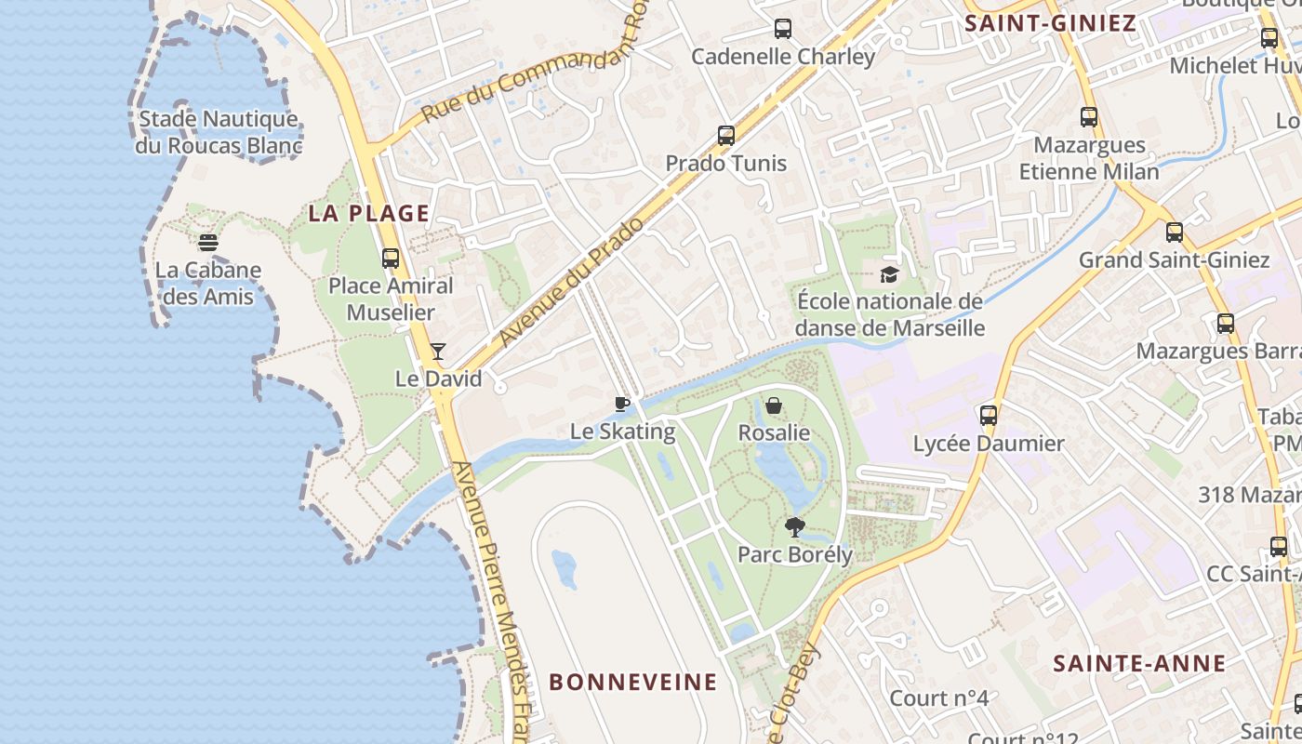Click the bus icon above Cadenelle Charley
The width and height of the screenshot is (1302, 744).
(783, 29)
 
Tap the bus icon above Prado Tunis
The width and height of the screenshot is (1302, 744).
(726, 136)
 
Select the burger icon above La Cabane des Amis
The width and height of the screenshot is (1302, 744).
(208, 243)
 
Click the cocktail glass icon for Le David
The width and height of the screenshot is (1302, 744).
(438, 352)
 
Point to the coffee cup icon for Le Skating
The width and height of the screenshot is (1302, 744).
(622, 404)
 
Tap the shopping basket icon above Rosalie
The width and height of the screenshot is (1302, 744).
(774, 405)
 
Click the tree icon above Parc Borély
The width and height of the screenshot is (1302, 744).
(794, 527)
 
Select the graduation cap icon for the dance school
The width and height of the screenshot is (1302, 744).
(890, 274)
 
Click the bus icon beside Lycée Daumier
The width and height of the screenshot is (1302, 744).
(989, 416)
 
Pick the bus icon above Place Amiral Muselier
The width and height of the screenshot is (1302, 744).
(391, 259)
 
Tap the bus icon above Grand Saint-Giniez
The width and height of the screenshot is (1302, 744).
(1175, 232)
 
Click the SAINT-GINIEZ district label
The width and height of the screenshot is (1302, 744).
(1051, 23)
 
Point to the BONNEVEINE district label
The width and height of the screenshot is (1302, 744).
(633, 682)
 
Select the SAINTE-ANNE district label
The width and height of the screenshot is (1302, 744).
(1139, 663)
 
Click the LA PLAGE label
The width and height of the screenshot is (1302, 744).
(369, 213)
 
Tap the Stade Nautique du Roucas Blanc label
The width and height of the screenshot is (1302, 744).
(218, 132)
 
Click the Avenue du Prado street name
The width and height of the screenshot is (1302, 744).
(571, 283)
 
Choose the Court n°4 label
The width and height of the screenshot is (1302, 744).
(938, 697)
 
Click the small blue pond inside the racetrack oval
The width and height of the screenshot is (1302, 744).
(565, 568)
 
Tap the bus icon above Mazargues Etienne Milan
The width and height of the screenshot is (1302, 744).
(1089, 117)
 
